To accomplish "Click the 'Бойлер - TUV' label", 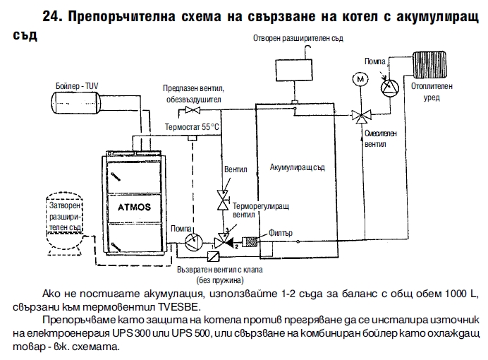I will [77, 85].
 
